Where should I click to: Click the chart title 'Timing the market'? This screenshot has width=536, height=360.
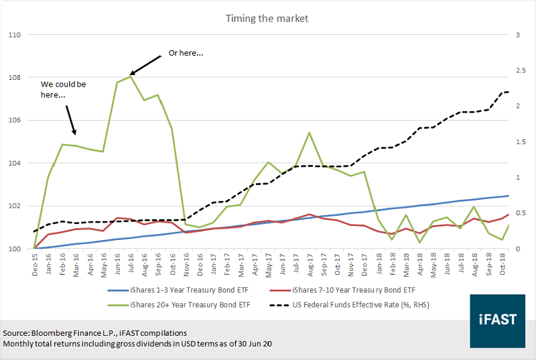coord(267,18)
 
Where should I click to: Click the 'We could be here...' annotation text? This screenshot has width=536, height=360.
coord(63,90)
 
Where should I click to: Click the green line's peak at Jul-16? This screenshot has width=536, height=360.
coord(131,76)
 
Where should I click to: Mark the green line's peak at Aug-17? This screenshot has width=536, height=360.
coord(309,133)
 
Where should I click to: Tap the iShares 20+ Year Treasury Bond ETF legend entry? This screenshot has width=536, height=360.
coord(165,304)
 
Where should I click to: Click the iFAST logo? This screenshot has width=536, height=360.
coord(496,320)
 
